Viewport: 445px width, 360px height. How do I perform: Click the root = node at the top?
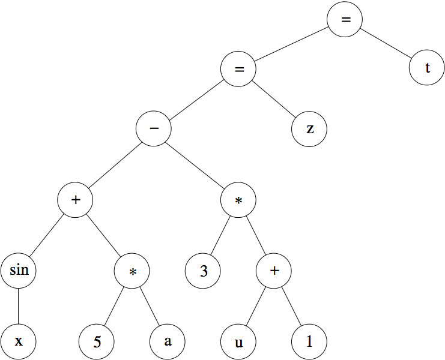(345, 19)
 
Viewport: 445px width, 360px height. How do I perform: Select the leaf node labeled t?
(427, 68)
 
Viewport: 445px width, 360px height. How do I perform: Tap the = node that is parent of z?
(238, 69)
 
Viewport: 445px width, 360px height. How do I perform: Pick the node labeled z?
(309, 129)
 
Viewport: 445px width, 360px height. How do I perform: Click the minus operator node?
(154, 129)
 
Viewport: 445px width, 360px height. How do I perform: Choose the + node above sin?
(76, 200)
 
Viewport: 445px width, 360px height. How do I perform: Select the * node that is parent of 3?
(238, 200)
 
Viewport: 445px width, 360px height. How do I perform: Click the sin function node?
(19, 270)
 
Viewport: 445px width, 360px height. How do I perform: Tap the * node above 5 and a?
(132, 270)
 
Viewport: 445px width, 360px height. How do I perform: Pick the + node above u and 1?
(274, 270)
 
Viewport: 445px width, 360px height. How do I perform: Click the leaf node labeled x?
(19, 341)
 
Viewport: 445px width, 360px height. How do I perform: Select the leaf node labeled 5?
(97, 341)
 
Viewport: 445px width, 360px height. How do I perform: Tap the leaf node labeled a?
(168, 341)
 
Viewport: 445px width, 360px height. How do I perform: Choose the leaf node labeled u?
(238, 341)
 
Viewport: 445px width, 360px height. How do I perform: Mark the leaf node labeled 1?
(309, 341)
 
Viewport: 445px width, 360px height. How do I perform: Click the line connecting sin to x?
(19, 305)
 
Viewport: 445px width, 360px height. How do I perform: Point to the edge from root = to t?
(386, 44)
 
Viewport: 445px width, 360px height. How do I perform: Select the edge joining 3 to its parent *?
(221, 235)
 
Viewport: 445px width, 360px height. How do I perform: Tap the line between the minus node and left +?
(115, 164)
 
